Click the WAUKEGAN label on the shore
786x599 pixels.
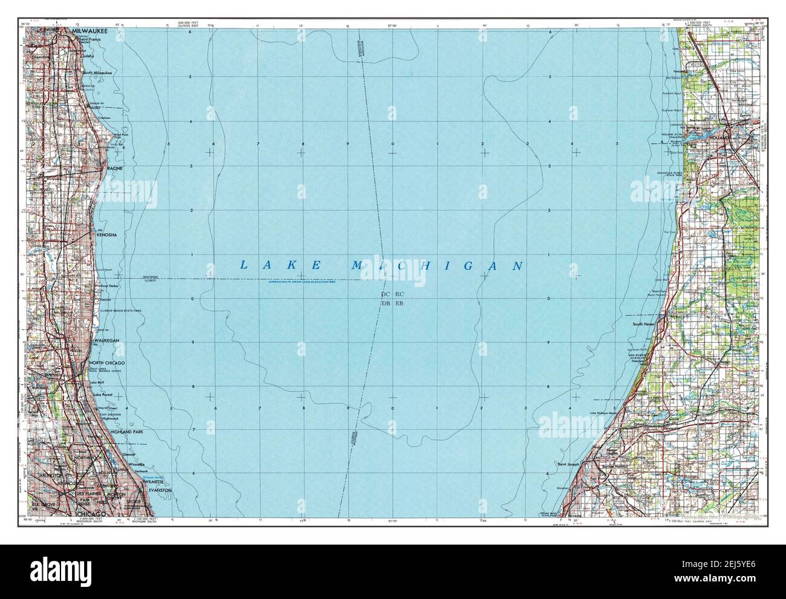(106, 341)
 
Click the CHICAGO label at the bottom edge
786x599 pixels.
(91, 513)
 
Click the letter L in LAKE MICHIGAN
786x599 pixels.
(244, 265)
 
